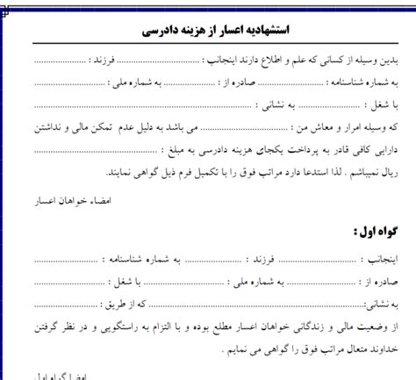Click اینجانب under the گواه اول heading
pos(383,260)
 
